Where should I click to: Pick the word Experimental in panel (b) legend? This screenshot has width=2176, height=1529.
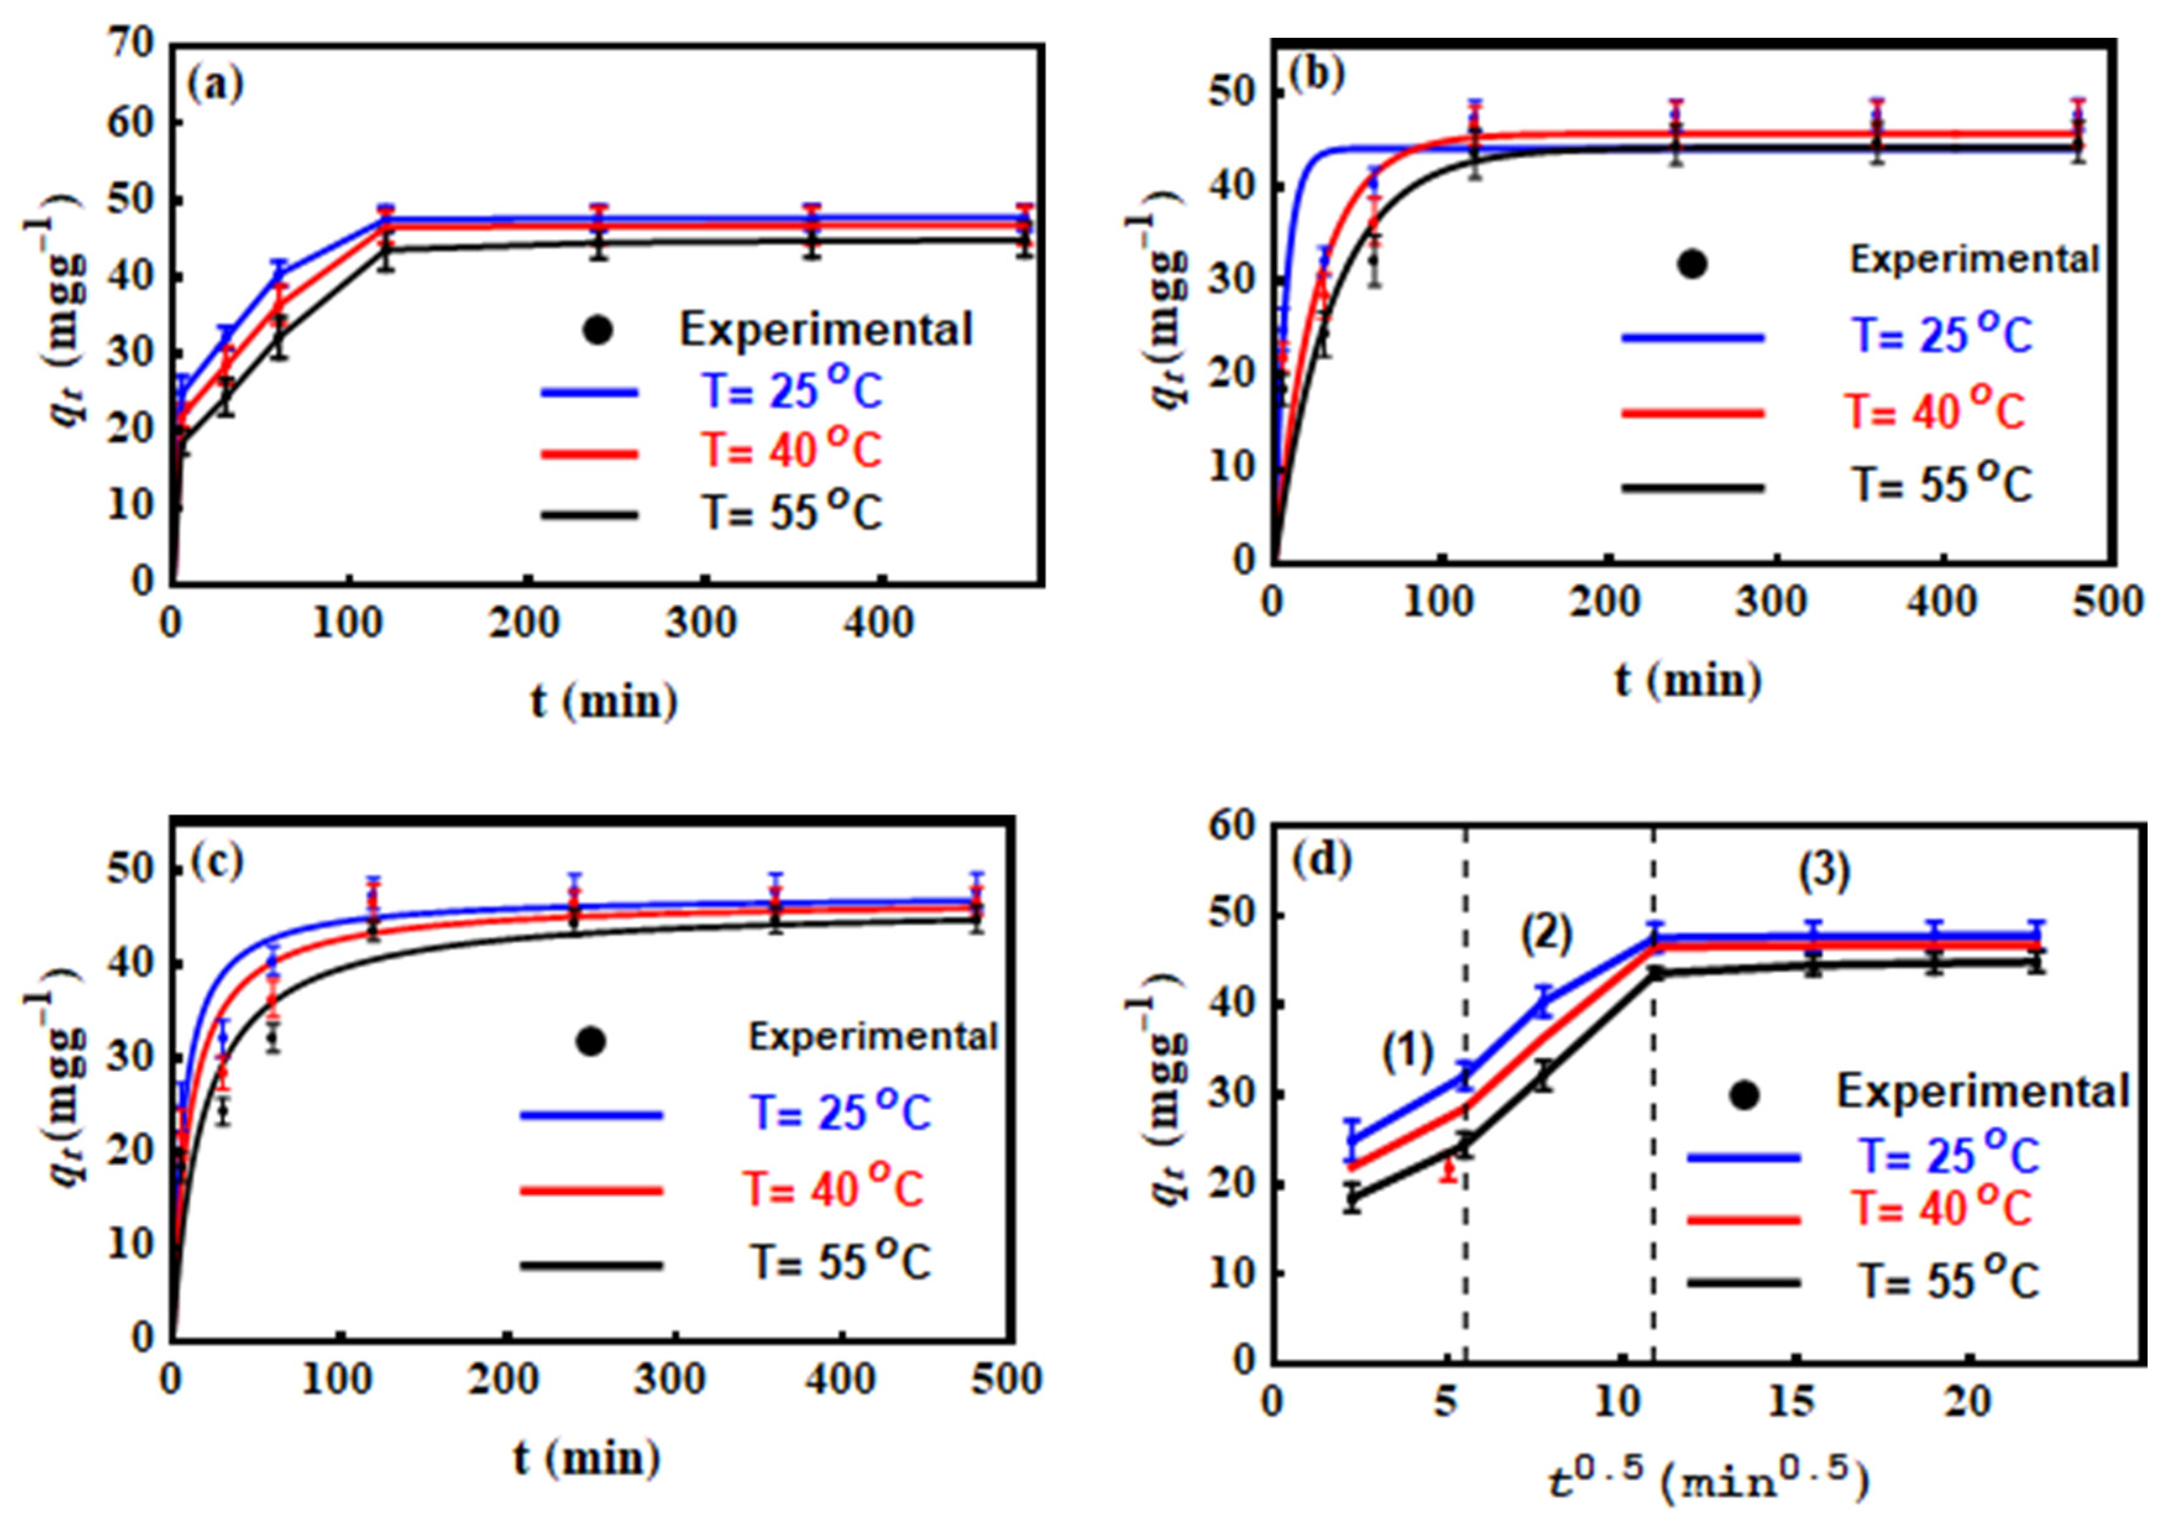coord(1974,259)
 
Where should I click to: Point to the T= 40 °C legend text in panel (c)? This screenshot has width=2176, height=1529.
coord(834,1189)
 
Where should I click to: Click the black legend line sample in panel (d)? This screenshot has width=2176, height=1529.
coord(1744,1283)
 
